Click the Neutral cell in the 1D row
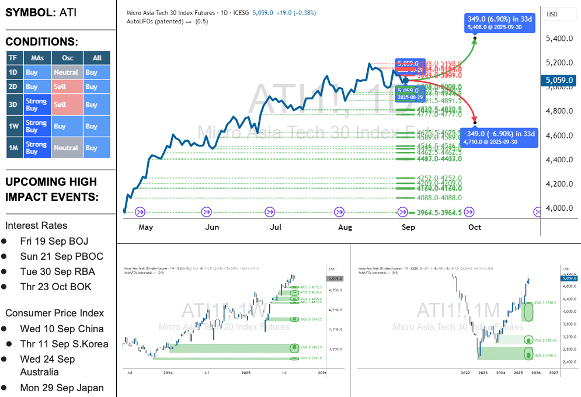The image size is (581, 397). point(66,72)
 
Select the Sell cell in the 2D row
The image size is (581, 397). point(66,87)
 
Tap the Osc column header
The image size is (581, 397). point(67,58)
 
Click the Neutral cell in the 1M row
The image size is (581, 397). point(66,148)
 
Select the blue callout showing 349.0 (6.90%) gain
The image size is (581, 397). point(500,23)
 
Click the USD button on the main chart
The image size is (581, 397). point(552,14)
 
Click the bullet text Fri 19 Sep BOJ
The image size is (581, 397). point(54,241)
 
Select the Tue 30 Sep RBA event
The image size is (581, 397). point(57,271)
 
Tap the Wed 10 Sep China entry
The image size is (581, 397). point(62,329)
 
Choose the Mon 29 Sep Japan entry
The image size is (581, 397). point(62,388)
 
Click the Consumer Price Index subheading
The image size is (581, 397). point(54,313)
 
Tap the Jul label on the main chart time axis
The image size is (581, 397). point(276,227)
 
